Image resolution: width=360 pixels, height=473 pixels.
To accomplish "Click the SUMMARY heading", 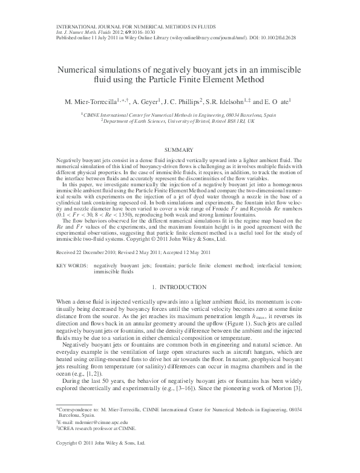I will pos(180,149).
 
